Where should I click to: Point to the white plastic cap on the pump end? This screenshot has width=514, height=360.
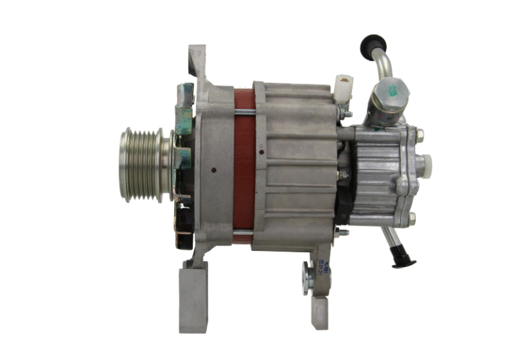424,162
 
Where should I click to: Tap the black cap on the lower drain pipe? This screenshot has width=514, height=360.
404,260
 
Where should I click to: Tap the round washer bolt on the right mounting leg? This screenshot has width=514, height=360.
307,276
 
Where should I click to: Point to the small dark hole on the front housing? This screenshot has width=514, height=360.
213,170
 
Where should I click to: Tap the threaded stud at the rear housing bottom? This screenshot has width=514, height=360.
342,232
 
